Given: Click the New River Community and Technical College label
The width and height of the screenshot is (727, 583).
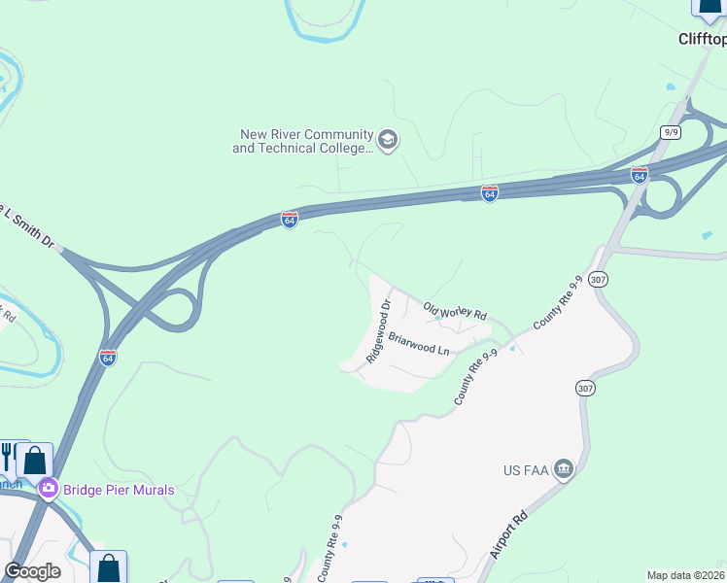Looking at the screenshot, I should click(x=302, y=141).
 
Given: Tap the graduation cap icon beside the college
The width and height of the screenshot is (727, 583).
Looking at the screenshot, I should click(x=389, y=141).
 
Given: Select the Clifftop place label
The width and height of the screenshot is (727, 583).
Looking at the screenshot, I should click(x=702, y=40).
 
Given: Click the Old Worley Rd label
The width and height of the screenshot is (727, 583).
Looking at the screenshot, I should click(x=454, y=311).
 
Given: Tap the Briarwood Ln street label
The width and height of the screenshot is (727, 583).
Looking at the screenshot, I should click(x=419, y=343).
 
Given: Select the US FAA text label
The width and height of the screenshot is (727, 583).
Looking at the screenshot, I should click(x=525, y=471).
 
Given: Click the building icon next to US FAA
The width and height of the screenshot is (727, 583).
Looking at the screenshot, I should click(x=564, y=470).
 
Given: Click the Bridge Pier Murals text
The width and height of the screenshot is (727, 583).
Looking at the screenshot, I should click(x=119, y=490).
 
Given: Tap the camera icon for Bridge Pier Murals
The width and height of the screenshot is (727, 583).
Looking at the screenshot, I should click(x=48, y=490).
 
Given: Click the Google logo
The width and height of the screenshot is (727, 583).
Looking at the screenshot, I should click(x=33, y=571).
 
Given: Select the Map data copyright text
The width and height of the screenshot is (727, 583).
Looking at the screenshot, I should click(x=686, y=575).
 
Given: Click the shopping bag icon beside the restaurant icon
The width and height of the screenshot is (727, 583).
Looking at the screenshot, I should click(x=35, y=460).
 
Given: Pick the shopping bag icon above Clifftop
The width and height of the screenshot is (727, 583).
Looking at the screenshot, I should click(x=710, y=6).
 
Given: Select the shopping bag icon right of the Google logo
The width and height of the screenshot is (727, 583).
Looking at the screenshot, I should click(x=109, y=567).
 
